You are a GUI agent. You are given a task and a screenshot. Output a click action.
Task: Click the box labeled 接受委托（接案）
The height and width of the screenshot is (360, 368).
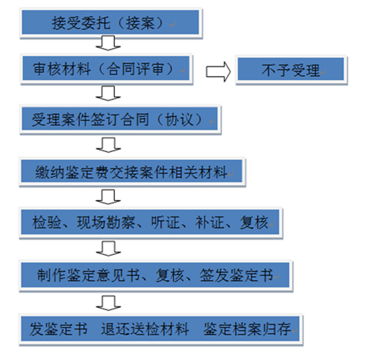(x=110, y=22)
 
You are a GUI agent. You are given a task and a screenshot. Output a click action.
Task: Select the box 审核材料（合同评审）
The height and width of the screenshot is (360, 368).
(x=106, y=69)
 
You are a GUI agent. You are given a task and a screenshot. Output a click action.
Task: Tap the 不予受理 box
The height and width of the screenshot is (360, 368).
(x=291, y=70)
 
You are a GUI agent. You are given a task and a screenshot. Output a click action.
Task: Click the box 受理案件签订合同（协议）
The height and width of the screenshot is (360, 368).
(x=120, y=119)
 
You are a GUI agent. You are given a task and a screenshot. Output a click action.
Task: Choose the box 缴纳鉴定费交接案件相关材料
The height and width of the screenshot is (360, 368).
(x=131, y=172)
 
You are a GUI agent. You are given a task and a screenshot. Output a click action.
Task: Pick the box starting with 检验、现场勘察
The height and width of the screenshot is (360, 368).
(x=150, y=222)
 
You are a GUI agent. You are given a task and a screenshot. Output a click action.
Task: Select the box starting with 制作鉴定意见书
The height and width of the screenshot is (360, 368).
(x=156, y=275)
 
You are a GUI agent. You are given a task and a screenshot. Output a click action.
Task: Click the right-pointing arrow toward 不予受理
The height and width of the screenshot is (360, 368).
(x=218, y=71)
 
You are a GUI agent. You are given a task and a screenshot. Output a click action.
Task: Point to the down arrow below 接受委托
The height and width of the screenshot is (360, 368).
(x=108, y=43)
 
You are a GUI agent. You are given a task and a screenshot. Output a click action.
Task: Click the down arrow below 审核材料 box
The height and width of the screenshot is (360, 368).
(x=108, y=93)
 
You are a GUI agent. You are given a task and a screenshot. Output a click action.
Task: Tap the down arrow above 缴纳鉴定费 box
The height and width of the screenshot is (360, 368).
(x=108, y=145)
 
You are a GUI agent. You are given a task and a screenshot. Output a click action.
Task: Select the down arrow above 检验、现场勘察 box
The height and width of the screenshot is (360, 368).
(x=108, y=197)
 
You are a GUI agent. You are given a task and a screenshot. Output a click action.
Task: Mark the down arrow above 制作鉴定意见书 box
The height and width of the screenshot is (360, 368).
(x=108, y=248)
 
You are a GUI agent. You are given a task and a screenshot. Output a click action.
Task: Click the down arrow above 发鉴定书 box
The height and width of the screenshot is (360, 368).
(x=108, y=303)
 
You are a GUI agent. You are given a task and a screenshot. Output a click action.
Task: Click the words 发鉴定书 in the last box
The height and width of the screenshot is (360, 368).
(x=59, y=329)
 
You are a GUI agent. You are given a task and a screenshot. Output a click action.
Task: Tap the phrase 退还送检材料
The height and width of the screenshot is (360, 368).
(x=145, y=329)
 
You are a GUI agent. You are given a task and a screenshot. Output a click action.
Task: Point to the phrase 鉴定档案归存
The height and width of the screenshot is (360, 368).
(x=247, y=329)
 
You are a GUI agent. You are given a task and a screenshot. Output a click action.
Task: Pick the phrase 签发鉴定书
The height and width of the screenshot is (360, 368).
(x=236, y=275)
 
